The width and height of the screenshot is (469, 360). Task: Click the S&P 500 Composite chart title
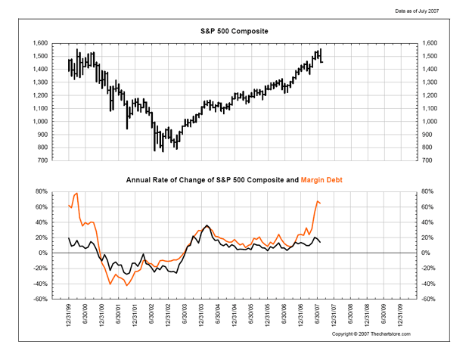pos(234,31)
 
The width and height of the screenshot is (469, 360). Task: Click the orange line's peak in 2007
pos(318,200)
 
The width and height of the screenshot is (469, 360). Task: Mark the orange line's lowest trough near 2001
pos(126,285)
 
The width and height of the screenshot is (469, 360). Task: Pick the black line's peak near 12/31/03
pos(207,225)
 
